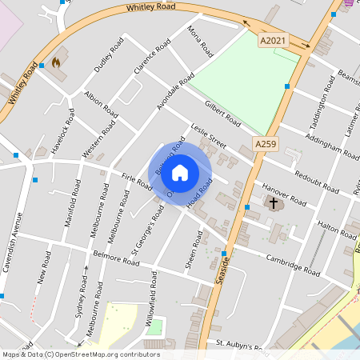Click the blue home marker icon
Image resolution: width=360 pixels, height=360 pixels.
[180, 172]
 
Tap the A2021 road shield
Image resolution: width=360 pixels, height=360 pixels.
[272, 38]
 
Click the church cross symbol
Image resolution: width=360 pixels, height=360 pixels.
[274, 203]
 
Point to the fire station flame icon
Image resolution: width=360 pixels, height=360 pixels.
[56, 62]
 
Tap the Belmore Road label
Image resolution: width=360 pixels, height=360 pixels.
[116, 259]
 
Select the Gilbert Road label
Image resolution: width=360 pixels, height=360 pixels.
[222, 114]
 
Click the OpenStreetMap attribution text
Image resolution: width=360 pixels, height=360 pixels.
[80, 354]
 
